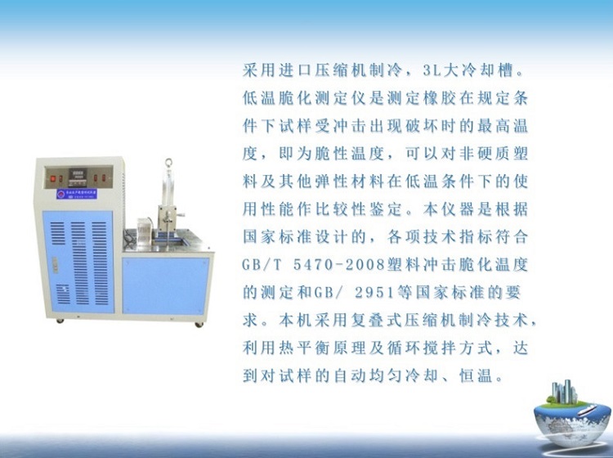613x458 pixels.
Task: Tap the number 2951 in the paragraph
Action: (x=374, y=293)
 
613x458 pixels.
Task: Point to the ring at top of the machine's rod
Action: (x=169, y=163)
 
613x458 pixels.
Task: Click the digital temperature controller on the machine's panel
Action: (x=78, y=177)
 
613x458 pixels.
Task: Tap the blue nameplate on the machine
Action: (x=77, y=194)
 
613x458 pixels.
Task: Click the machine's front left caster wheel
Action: (x=60, y=321)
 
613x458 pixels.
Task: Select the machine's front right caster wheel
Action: (x=199, y=324)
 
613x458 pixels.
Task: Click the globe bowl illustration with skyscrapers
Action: (x=573, y=415)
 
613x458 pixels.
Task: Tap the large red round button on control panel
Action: (x=53, y=179)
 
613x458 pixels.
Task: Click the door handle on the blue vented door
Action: (x=55, y=265)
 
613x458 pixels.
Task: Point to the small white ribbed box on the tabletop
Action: (x=144, y=232)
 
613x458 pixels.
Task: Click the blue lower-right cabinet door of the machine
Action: (x=166, y=286)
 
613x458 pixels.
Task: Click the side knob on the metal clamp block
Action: (x=181, y=214)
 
